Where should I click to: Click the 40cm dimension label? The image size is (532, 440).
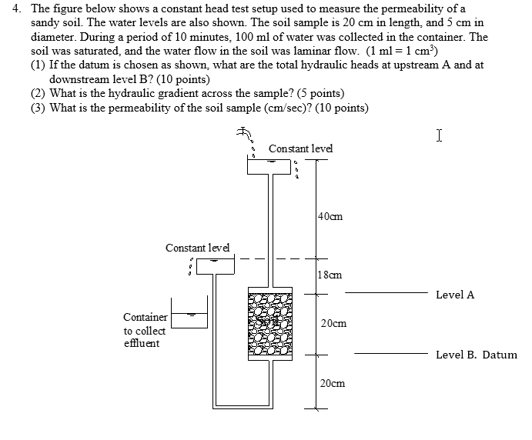coord(330,216)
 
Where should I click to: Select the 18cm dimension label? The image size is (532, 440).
coord(330,275)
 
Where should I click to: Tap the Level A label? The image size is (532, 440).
coord(455,295)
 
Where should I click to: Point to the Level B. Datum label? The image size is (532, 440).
coord(477,355)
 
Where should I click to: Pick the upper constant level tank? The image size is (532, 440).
coord(269,166)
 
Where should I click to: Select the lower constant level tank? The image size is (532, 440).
coord(216,266)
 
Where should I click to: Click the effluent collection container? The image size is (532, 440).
coord(189,313)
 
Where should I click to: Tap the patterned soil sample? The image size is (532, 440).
coord(270,324)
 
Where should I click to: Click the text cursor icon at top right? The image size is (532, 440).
coord(439,135)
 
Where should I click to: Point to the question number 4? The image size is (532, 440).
coord(15,8)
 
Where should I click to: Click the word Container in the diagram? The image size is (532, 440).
coord(146,317)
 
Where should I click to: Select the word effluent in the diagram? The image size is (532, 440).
coord(142,343)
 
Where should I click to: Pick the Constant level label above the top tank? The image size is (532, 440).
coord(300,148)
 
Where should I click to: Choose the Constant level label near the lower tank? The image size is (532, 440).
coord(197,248)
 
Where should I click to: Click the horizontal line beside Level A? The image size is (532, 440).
coord(386,292)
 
